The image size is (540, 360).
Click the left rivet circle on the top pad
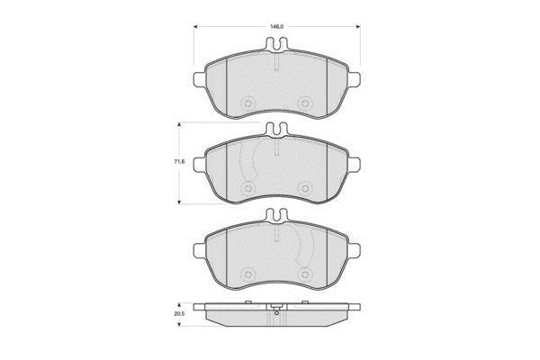click(x=247, y=103)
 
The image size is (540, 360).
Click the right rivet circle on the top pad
click(x=304, y=103)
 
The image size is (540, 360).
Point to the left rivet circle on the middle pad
click(x=247, y=188)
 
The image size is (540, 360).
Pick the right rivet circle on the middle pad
click(x=304, y=188)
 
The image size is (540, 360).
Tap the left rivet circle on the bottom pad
click(x=247, y=274)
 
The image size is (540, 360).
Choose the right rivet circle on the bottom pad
click(x=304, y=274)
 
